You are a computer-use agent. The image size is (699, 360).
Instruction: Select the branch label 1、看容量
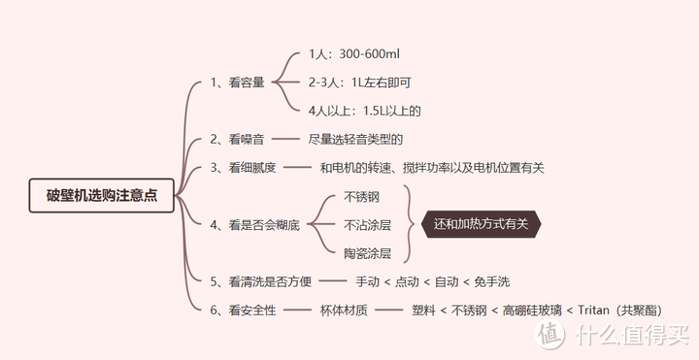(x=237, y=82)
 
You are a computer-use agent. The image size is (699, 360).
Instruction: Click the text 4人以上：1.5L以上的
(x=363, y=111)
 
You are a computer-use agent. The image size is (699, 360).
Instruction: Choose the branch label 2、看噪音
(x=237, y=140)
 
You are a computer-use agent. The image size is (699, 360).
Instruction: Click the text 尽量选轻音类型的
(x=355, y=140)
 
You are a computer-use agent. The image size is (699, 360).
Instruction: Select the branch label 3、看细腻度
(x=243, y=167)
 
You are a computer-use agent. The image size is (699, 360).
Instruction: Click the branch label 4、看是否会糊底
(x=254, y=225)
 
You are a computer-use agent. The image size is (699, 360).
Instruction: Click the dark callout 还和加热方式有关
(x=481, y=224)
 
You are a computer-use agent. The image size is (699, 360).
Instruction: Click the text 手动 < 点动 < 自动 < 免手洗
(x=432, y=281)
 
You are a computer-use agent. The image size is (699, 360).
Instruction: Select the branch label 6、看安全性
(x=243, y=311)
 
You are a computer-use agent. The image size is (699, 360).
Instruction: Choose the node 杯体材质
(x=343, y=311)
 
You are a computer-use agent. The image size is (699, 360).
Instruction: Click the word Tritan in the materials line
(x=592, y=311)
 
